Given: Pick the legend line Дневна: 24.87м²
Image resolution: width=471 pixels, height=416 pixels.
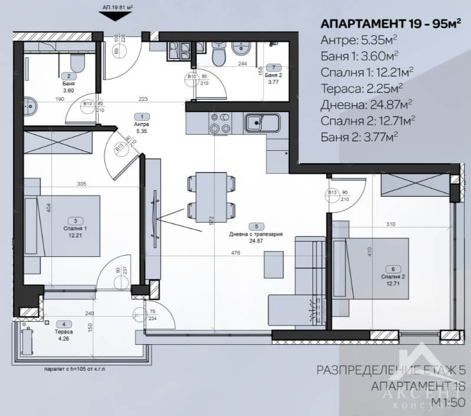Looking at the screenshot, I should click(x=366, y=104).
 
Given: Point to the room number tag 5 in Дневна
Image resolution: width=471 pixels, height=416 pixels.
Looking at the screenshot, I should click(x=256, y=226).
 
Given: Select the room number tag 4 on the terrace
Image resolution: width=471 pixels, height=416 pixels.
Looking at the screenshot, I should click(x=64, y=323).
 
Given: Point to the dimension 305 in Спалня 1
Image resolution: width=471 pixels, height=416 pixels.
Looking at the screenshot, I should click(x=81, y=184).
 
